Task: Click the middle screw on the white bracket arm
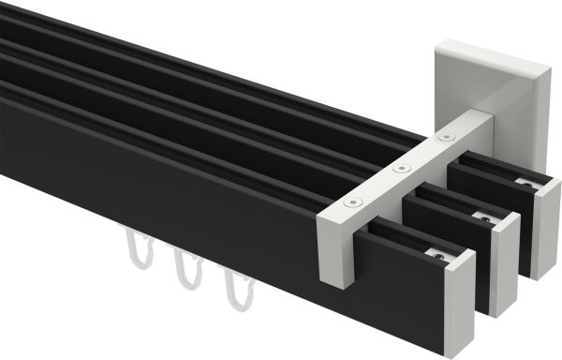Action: pos(402,170)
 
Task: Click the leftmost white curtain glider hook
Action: pos(136,252)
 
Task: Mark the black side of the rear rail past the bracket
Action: pos(492,191)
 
